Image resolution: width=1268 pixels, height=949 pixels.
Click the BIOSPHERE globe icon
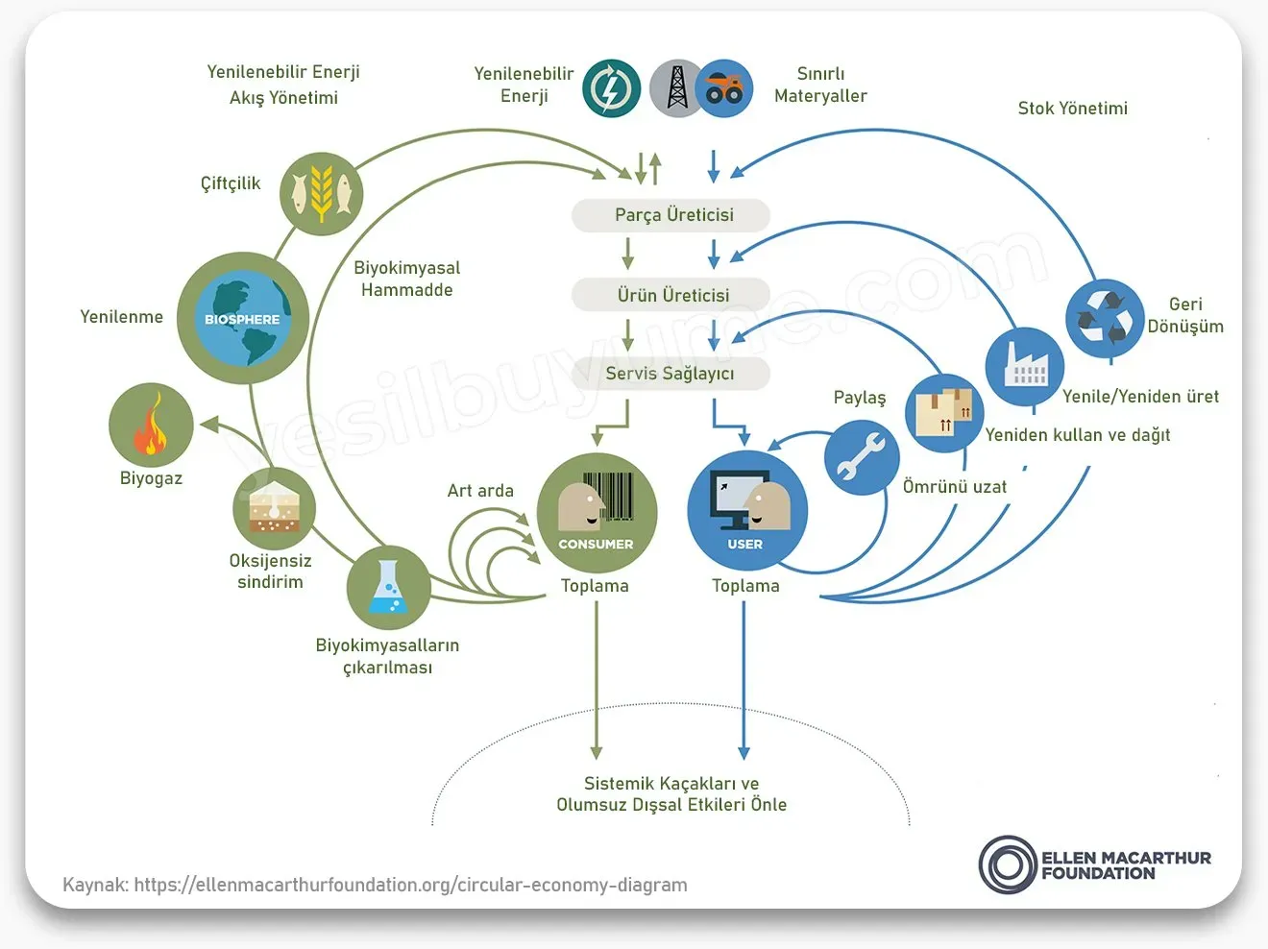tap(242, 318)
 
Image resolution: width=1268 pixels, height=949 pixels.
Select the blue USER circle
tap(746, 512)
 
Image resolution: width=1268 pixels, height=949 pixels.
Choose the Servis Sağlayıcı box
tap(671, 374)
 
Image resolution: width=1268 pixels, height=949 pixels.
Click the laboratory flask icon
tap(387, 587)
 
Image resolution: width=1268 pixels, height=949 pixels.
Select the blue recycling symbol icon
tap(1105, 318)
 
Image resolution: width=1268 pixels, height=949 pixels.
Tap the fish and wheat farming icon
tap(322, 193)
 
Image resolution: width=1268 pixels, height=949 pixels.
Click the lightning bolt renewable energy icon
tap(611, 88)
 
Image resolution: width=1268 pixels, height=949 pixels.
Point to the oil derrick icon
tap(676, 88)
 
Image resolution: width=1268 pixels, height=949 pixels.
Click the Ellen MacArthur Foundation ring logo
tap(1007, 864)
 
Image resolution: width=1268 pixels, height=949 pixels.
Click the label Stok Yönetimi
tap(1072, 109)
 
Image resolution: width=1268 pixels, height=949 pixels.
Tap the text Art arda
tap(480, 491)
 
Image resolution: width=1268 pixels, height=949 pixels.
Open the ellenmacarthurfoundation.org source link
tap(410, 885)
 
